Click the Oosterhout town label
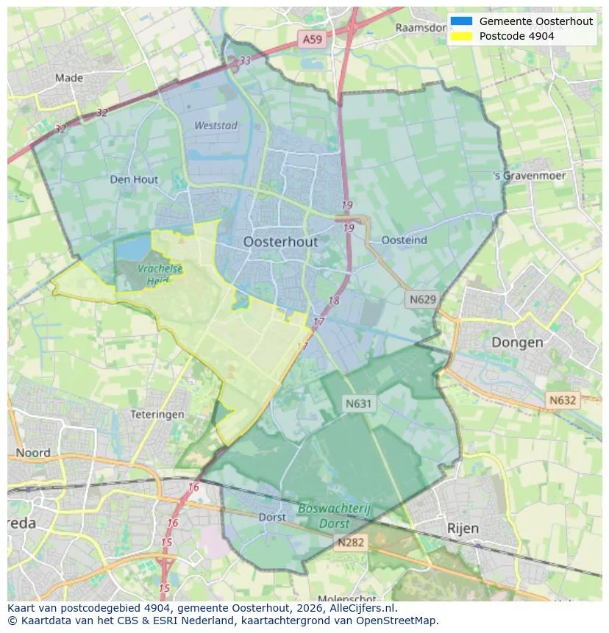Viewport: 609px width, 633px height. (x=280, y=242)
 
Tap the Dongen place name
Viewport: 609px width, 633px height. (x=517, y=342)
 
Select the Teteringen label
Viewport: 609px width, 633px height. (x=157, y=415)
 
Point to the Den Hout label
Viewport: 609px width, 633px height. (x=134, y=179)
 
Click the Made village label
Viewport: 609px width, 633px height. (x=69, y=78)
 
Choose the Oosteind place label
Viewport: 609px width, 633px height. (x=405, y=240)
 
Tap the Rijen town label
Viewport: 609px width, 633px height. (x=463, y=528)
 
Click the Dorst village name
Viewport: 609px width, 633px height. (x=272, y=518)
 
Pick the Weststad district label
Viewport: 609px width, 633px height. (x=216, y=126)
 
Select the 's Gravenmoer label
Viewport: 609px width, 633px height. (x=530, y=176)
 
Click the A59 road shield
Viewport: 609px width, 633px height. (x=311, y=40)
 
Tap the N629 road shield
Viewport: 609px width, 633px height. (x=423, y=299)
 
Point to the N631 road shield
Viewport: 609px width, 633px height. (x=359, y=403)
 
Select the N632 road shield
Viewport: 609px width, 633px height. (x=563, y=400)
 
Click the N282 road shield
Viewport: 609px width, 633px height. (x=351, y=543)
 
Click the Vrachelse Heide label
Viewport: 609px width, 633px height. (x=159, y=274)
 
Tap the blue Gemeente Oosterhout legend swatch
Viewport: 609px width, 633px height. (x=461, y=21)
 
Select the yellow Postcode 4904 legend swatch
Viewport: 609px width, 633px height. (x=461, y=36)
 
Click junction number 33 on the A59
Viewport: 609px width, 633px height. (x=245, y=61)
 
